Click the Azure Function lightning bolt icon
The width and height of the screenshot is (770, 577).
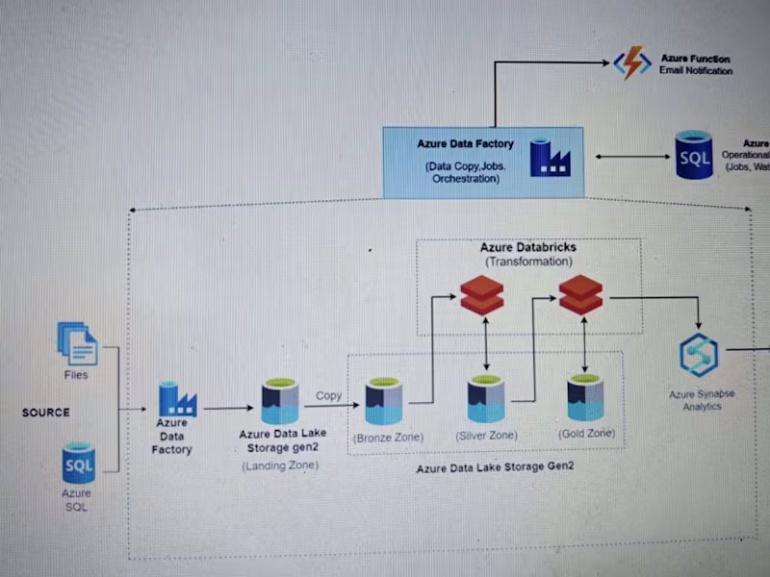click(632, 63)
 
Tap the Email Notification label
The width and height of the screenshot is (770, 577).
click(695, 71)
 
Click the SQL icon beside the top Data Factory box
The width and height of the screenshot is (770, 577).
click(694, 156)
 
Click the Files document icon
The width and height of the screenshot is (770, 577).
click(77, 343)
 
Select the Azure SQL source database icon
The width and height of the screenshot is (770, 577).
click(78, 464)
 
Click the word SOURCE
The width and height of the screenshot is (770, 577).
click(46, 413)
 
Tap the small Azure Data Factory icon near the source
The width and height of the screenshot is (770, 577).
click(177, 399)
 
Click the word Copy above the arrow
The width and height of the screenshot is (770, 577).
click(329, 395)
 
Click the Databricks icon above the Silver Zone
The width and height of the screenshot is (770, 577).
click(481, 295)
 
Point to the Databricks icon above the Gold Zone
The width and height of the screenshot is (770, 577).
click(580, 294)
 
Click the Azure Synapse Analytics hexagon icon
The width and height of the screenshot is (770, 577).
click(698, 356)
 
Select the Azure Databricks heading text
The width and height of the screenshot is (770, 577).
click(528, 248)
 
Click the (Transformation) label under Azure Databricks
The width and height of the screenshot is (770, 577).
click(528, 262)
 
